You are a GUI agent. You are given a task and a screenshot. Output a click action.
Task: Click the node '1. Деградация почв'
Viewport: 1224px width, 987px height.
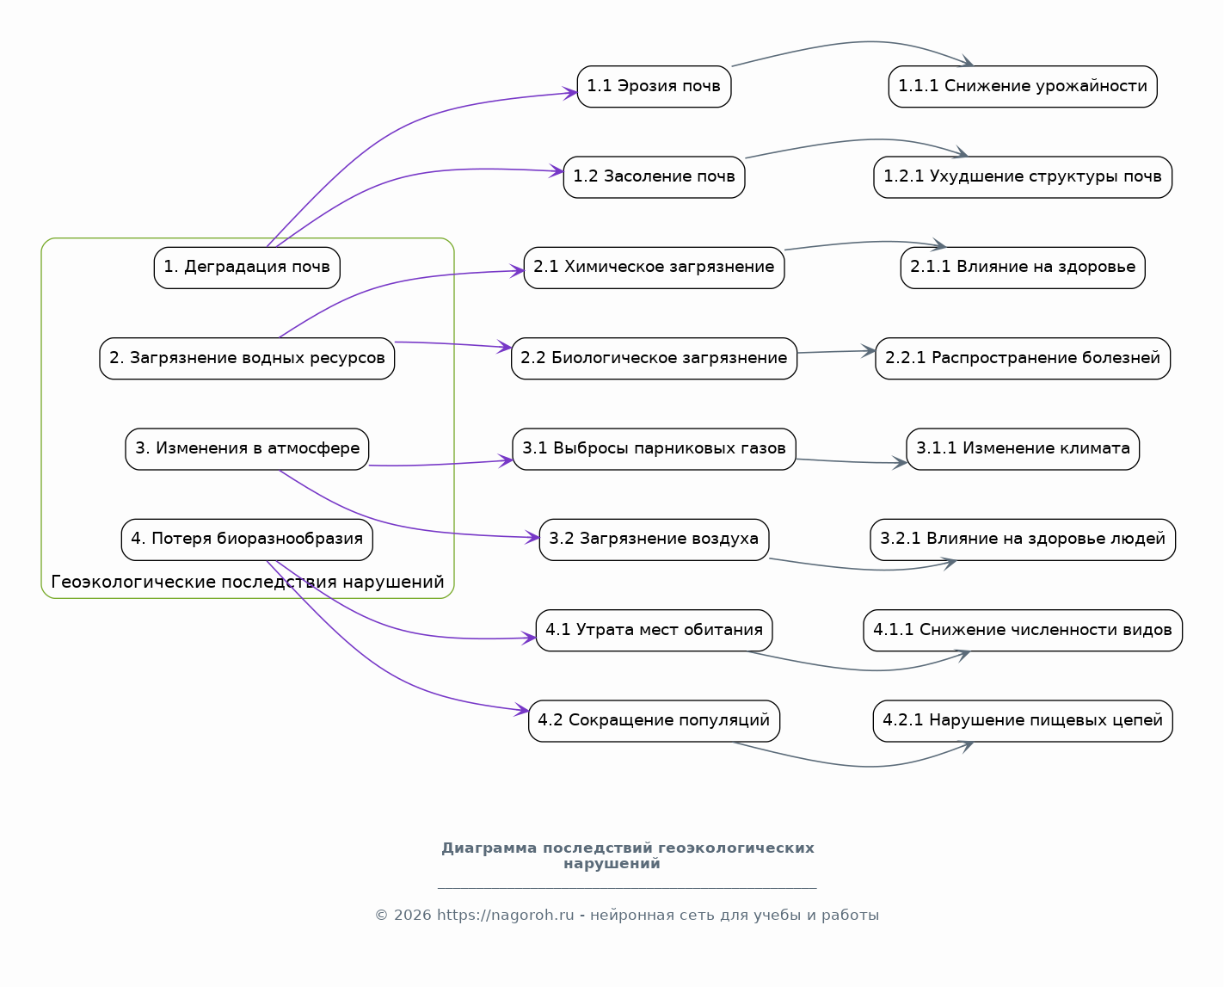click(247, 268)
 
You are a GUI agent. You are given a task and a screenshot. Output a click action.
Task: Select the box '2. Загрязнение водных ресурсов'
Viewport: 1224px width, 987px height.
click(247, 359)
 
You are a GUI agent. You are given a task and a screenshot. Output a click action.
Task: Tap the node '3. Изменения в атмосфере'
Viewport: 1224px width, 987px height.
click(247, 449)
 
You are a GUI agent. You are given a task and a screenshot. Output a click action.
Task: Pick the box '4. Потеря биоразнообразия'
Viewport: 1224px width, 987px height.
click(247, 540)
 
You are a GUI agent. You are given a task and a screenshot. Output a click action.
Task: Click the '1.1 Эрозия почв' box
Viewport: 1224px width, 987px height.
click(654, 87)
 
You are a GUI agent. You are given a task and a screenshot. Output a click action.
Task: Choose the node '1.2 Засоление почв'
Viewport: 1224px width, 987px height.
click(654, 177)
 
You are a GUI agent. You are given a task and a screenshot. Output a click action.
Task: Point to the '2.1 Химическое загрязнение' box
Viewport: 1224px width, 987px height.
click(654, 268)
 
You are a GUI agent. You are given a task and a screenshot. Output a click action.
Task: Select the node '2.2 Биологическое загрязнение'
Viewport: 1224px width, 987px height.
click(654, 359)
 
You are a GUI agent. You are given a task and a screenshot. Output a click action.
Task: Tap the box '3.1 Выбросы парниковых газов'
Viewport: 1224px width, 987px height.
click(654, 449)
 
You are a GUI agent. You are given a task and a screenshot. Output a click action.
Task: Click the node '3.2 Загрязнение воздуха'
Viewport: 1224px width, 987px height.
click(654, 540)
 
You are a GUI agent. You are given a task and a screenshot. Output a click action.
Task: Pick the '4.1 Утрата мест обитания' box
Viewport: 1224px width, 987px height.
click(654, 630)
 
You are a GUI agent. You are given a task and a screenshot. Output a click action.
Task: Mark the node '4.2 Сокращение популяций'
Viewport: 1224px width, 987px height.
click(654, 720)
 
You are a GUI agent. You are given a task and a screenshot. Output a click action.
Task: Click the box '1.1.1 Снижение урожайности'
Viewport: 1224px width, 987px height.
click(1023, 87)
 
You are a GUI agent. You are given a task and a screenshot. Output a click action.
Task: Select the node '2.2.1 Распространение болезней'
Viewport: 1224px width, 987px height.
click(1023, 359)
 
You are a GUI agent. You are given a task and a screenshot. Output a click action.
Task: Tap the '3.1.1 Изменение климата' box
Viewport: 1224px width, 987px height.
click(1023, 449)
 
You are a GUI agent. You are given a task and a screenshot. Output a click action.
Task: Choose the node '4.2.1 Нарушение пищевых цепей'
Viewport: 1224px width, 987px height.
click(1023, 720)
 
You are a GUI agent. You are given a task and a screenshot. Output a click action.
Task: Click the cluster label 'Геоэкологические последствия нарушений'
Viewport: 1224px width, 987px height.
click(248, 582)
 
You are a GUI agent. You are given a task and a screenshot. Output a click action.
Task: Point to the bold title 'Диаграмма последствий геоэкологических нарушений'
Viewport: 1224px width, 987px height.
click(627, 855)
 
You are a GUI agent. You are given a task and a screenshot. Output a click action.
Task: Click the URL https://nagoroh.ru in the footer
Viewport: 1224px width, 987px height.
click(506, 916)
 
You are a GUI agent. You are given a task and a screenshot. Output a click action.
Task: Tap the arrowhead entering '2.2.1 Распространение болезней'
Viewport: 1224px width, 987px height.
click(869, 350)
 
